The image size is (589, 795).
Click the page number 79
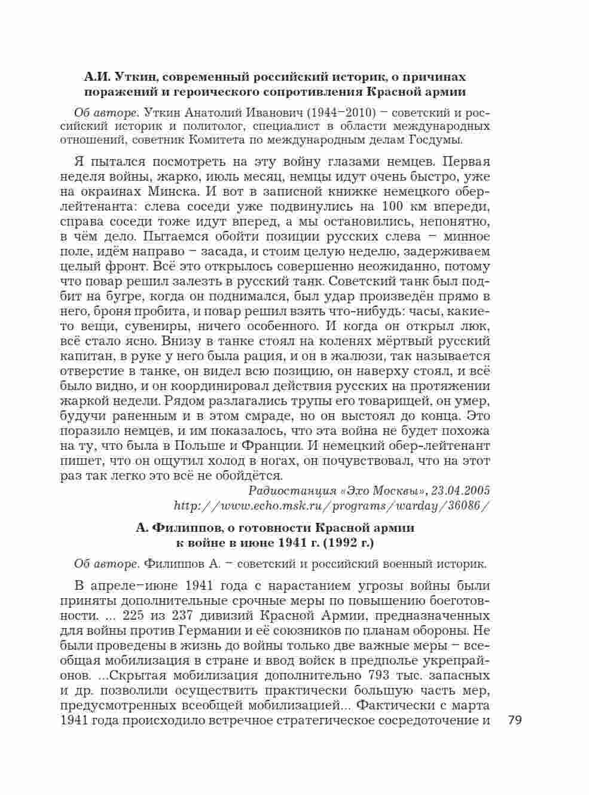[x=515, y=720]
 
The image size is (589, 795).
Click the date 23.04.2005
[x=459, y=491]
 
